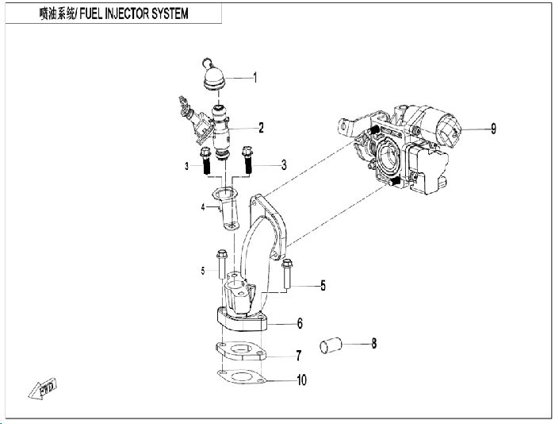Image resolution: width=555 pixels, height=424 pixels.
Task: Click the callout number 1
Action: [255, 78]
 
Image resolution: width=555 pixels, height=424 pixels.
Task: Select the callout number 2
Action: [261, 128]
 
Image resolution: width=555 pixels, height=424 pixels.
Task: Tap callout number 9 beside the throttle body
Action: [493, 129]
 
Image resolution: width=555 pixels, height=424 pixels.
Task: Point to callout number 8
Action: [374, 343]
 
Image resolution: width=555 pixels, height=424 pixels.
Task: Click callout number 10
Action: [301, 380]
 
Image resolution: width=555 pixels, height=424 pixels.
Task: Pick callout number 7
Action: [299, 356]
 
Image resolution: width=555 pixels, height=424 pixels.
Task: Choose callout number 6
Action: [300, 323]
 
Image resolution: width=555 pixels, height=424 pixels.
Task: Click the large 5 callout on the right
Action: [323, 285]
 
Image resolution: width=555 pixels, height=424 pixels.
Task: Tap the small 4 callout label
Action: [203, 207]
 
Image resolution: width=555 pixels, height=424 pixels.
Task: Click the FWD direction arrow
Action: [43, 388]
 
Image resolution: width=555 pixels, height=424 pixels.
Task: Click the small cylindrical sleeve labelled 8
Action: [331, 345]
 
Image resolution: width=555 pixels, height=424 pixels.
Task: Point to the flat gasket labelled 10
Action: [241, 377]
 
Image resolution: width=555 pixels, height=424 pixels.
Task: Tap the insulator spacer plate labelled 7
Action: [241, 351]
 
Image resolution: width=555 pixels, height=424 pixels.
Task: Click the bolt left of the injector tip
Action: [205, 161]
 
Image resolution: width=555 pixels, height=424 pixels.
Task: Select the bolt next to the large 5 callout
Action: [287, 274]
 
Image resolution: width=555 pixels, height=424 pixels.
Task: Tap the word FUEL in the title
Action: [90, 13]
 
